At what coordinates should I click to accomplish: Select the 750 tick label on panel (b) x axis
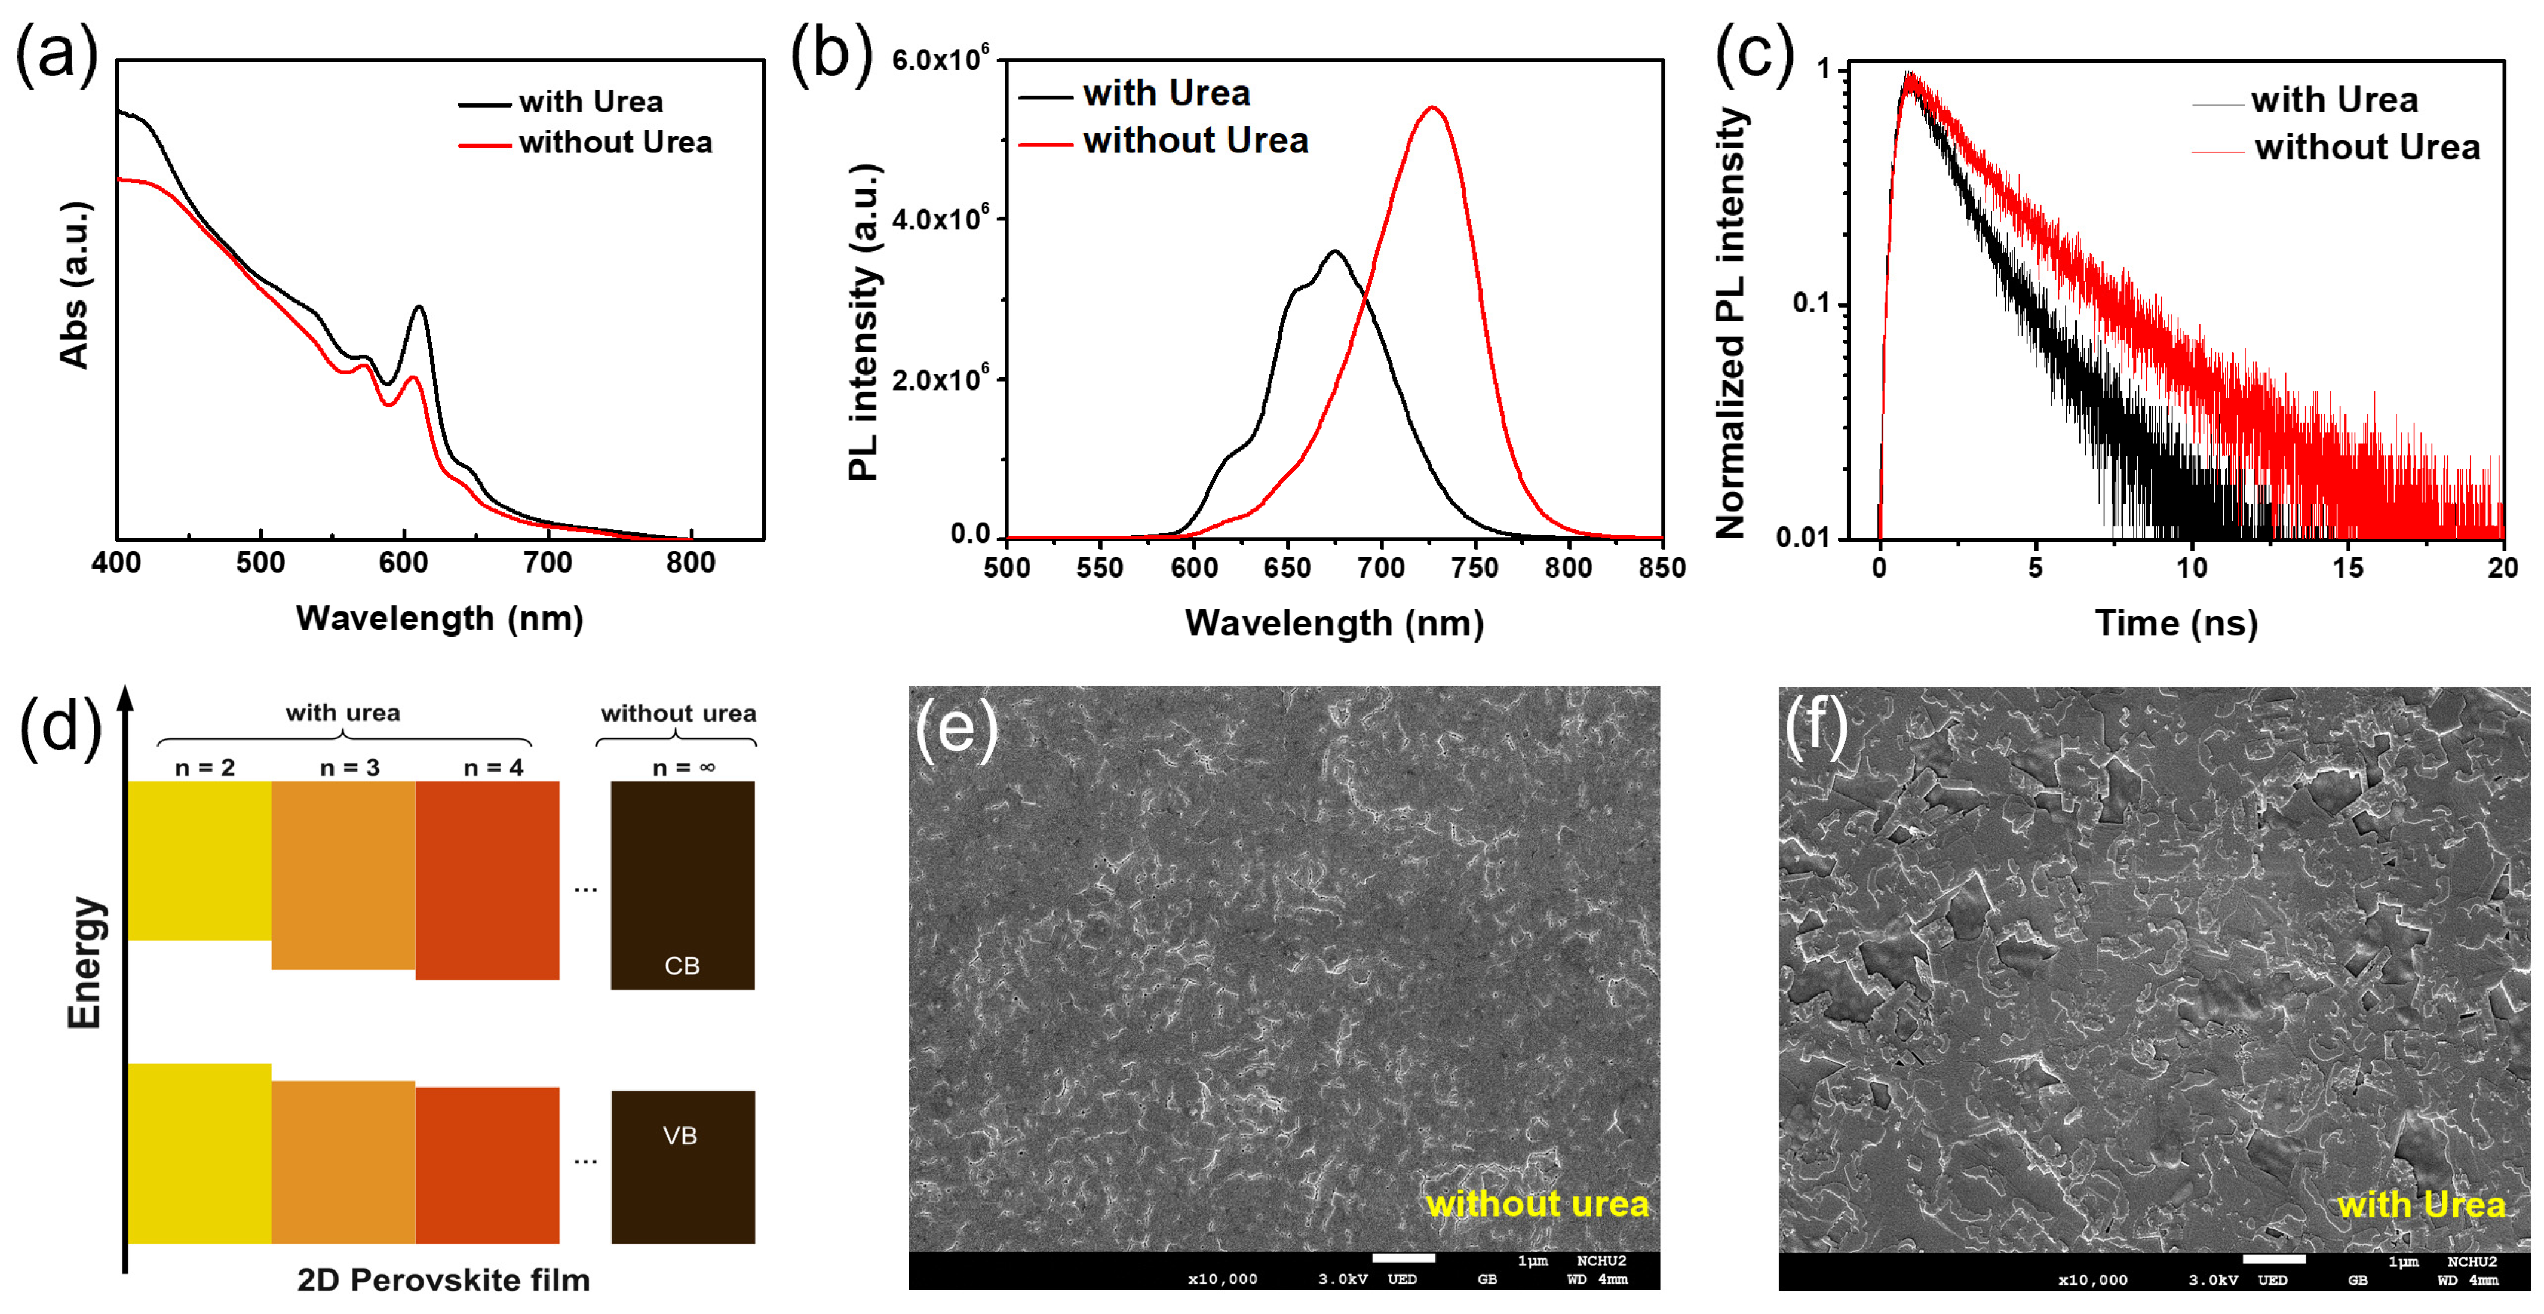1475,567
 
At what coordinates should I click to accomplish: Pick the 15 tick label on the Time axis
2347,567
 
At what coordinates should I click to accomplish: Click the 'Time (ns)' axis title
2177,624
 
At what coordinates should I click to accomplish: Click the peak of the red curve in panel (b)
1432,108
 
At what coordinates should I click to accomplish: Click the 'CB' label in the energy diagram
682,966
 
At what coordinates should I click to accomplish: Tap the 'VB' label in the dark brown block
679,1135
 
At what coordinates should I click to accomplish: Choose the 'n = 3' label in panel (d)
349,767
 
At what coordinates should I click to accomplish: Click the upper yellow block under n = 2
200,860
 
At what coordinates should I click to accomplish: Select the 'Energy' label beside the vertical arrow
85,963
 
